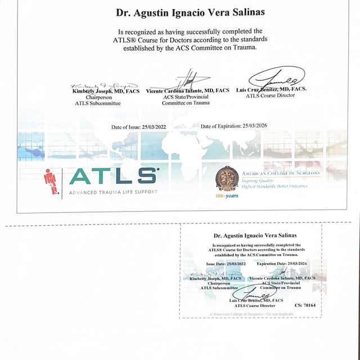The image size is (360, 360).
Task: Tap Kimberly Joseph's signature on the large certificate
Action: click(x=96, y=83)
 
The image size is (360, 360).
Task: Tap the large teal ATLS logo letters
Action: click(x=113, y=176)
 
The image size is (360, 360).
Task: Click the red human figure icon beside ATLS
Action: click(x=51, y=182)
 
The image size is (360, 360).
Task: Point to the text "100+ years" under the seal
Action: click(x=227, y=196)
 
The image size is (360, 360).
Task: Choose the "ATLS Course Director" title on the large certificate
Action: click(x=270, y=96)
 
